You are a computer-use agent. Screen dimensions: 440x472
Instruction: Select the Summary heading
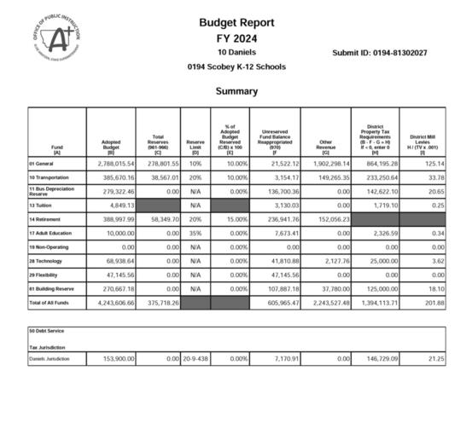click(236, 90)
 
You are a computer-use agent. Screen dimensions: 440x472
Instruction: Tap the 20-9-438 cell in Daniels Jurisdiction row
click(195, 359)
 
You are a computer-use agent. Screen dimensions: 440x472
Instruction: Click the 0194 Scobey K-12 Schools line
click(236, 67)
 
